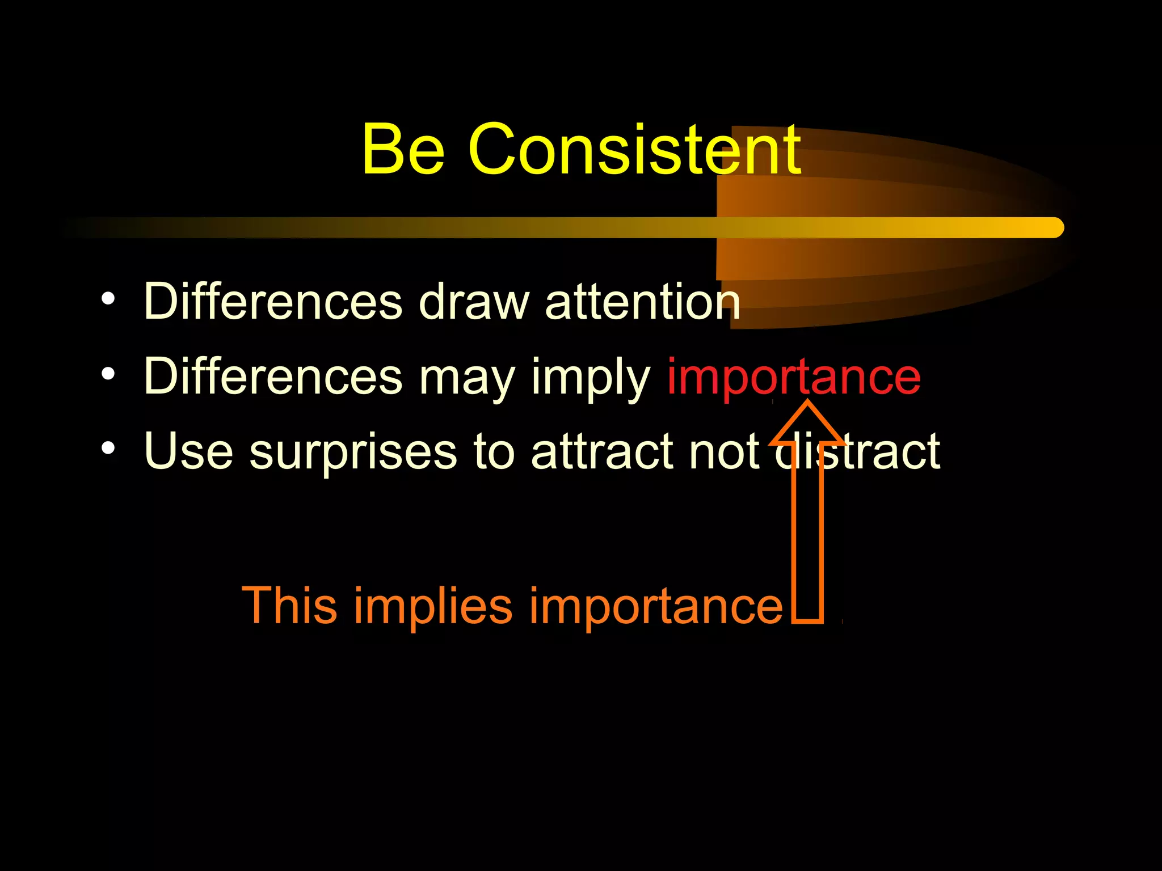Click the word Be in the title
click(403, 150)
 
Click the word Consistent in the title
click(634, 150)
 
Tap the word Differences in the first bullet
click(273, 301)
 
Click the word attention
click(642, 301)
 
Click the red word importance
click(793, 377)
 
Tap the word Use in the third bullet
click(188, 451)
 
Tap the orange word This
click(289, 606)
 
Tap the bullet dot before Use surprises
click(108, 449)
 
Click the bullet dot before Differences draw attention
click(108, 298)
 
